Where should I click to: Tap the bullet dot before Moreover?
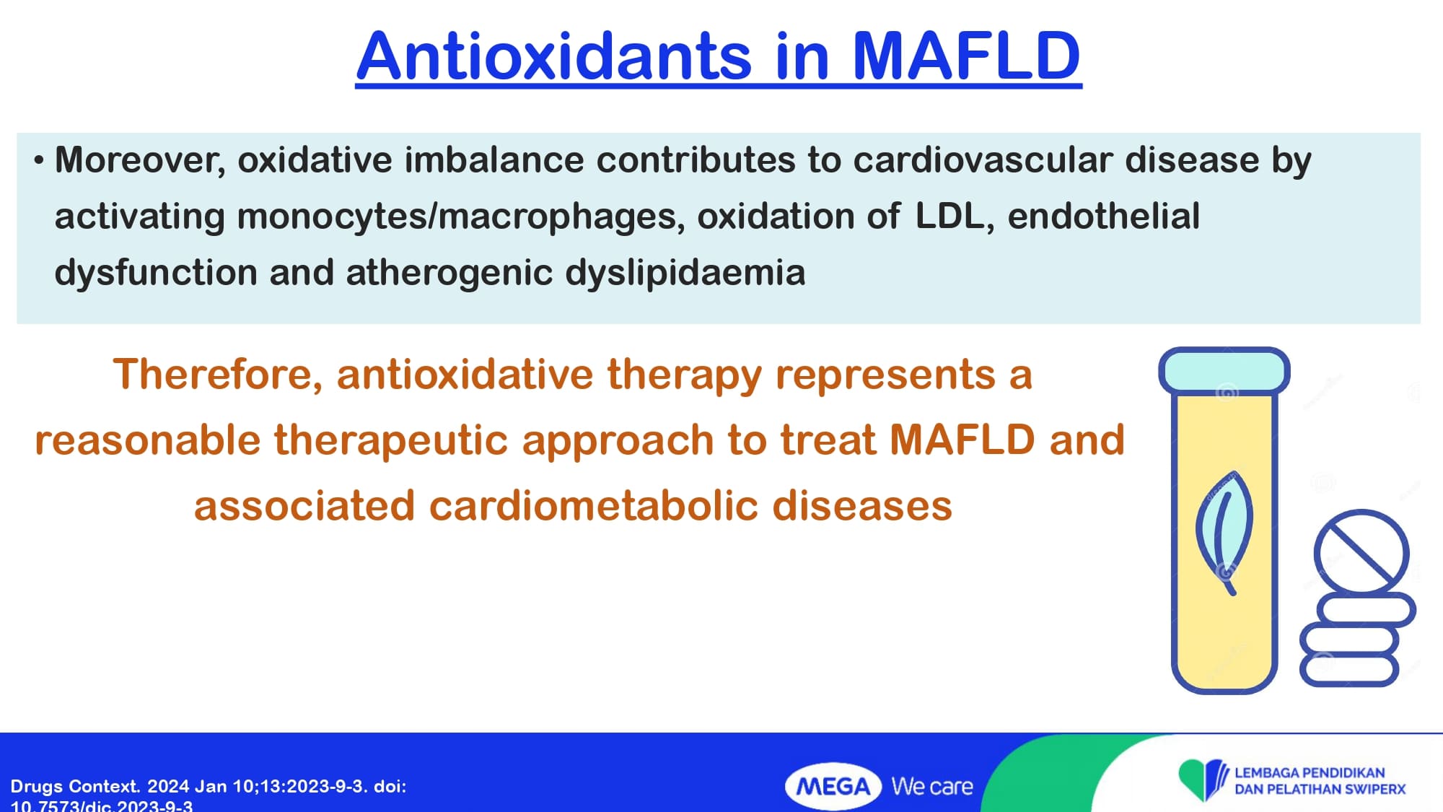click(39, 160)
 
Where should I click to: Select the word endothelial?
click(1104, 216)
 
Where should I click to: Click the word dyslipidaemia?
click(685, 273)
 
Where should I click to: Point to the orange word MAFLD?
click(962, 440)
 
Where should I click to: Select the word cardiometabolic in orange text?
click(594, 505)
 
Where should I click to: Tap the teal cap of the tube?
click(1224, 370)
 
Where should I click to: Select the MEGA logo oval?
click(833, 786)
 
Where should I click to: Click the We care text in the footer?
click(932, 786)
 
